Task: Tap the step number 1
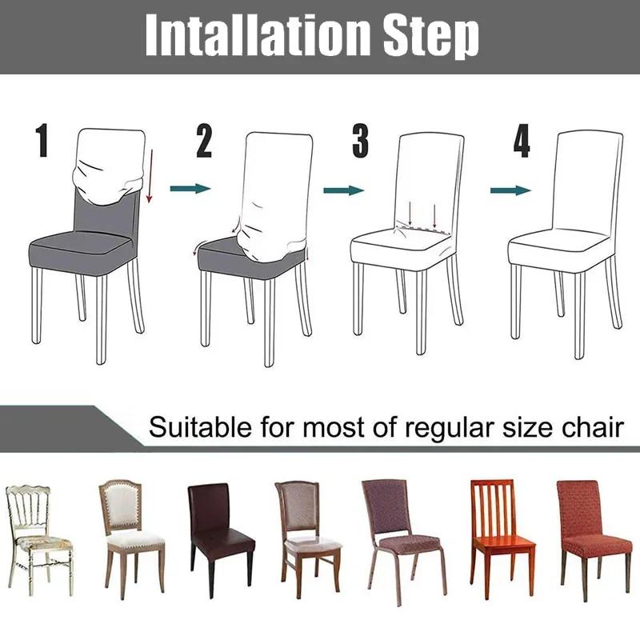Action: [42, 141]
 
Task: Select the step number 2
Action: [204, 142]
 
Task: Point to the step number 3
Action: [361, 141]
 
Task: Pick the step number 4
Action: [522, 141]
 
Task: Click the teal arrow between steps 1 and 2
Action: [190, 189]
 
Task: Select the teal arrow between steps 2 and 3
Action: [343, 190]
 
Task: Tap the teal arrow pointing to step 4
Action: [510, 190]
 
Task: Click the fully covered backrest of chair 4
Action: [588, 176]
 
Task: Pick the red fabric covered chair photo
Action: [593, 528]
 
